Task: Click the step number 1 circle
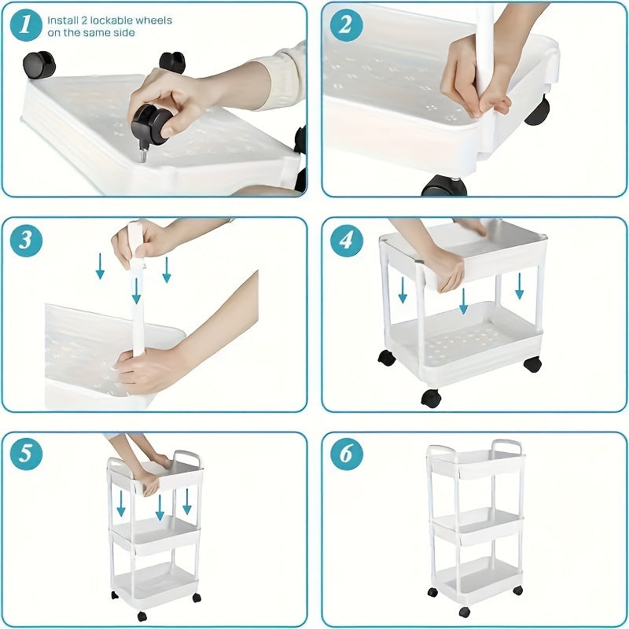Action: [x=26, y=25]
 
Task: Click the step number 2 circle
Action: [x=346, y=25]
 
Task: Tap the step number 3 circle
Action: [x=26, y=240]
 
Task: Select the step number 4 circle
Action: [x=346, y=240]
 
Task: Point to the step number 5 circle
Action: [x=26, y=454]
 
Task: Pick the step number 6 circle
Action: [x=346, y=454]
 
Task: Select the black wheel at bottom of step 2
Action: [x=444, y=187]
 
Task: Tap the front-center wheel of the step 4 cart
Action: [x=431, y=398]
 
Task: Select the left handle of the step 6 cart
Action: [x=440, y=451]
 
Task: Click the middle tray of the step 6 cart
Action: [x=477, y=525]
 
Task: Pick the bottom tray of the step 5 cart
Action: [x=154, y=579]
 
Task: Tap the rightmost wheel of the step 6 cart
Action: [x=517, y=590]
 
